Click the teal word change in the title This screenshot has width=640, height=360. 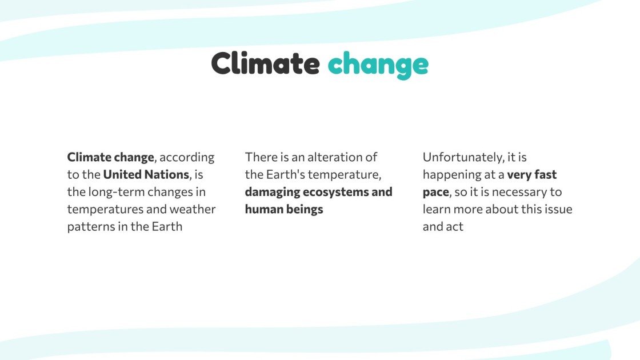pos(378,64)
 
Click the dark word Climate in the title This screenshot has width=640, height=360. pos(265,63)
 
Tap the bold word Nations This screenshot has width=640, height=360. pos(166,174)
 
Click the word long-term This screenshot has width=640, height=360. pos(117,191)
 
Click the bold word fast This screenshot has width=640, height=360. pos(545,174)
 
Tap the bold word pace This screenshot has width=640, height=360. pos(435,192)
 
